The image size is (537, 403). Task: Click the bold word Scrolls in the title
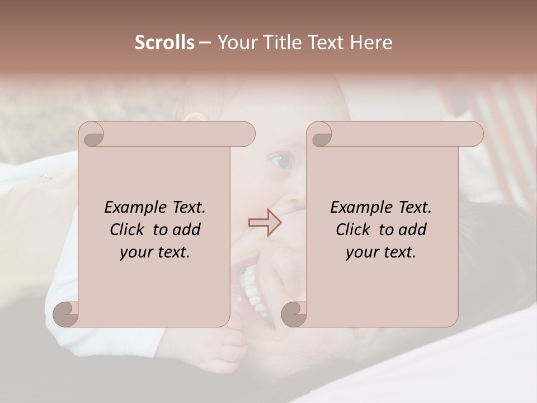pos(164,43)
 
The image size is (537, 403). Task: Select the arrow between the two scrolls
pos(265,222)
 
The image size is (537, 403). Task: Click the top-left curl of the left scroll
pos(92,135)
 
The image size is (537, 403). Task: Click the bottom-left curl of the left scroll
pos(66,314)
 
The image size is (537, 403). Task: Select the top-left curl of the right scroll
pos(319,135)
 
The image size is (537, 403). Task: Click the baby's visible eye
pos(281,162)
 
